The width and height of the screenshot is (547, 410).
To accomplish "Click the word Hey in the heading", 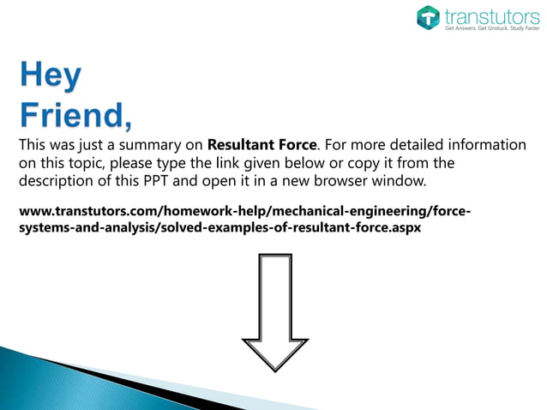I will (x=51, y=78).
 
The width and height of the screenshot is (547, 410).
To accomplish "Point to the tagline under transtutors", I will (x=487, y=28).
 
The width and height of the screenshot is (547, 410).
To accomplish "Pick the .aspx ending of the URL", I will (x=404, y=230).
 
